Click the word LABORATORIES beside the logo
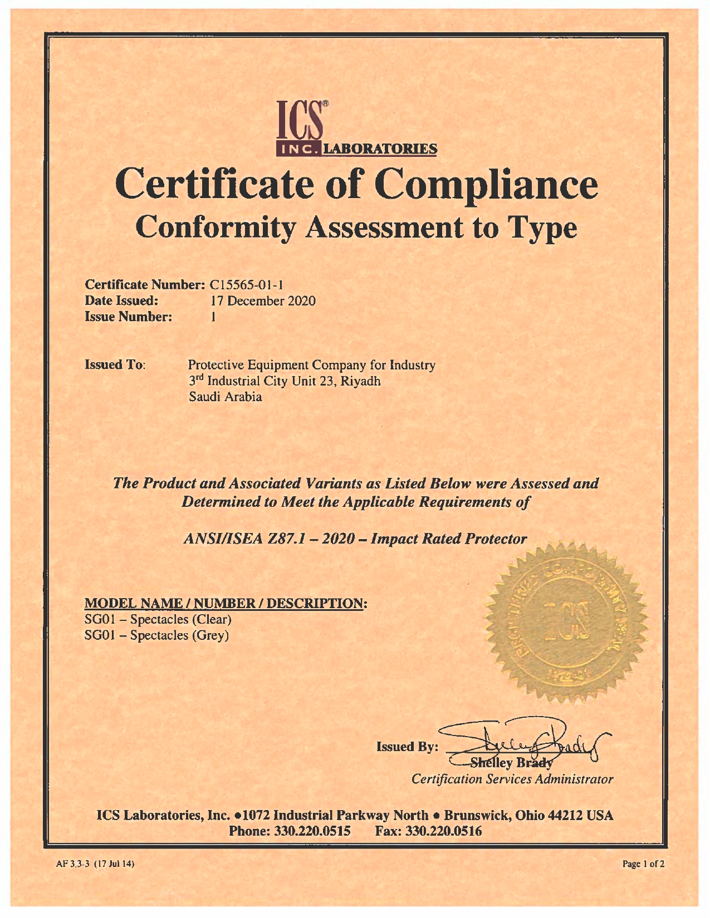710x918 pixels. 380,149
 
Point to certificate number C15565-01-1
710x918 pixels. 247,285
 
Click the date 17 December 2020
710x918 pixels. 263,301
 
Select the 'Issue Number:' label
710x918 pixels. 128,317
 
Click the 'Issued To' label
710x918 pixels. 115,365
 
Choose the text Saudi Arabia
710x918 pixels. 226,397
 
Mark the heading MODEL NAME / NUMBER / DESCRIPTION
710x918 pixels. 226,603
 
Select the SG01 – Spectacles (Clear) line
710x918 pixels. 158,619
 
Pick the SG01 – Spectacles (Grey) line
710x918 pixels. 156,635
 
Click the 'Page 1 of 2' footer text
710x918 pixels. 643,864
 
